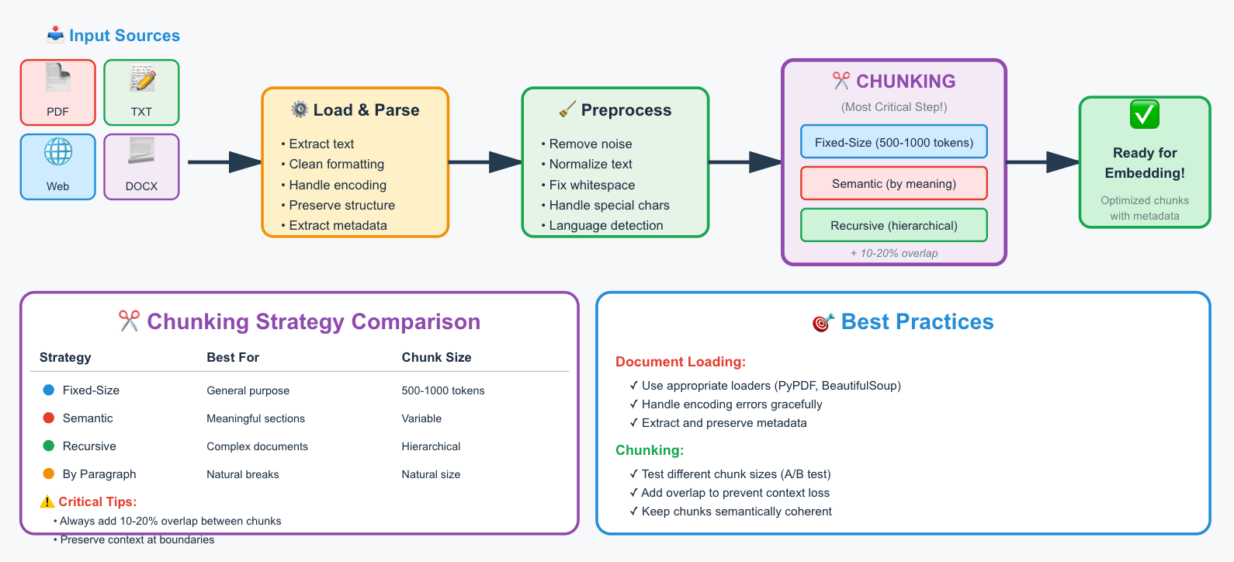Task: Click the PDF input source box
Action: point(58,92)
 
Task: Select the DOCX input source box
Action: point(141,167)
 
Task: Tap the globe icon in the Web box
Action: point(58,151)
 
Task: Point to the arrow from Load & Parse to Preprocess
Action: point(485,162)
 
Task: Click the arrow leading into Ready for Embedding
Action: point(1043,162)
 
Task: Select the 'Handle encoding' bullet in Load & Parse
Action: point(333,185)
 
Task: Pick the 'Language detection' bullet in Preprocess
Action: point(601,225)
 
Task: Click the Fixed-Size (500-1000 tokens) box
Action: point(893,142)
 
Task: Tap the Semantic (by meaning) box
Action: point(893,183)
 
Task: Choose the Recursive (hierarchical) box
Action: point(893,225)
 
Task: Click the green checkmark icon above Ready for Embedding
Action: point(1144,114)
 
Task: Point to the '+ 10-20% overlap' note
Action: point(893,253)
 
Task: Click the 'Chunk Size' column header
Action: point(436,357)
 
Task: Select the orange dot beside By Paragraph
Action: point(48,474)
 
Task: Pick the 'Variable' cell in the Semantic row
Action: point(421,418)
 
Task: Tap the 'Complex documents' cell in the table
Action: point(257,446)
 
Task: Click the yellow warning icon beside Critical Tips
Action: point(47,501)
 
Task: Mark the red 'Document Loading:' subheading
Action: point(681,362)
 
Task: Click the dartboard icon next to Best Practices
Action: point(823,322)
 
